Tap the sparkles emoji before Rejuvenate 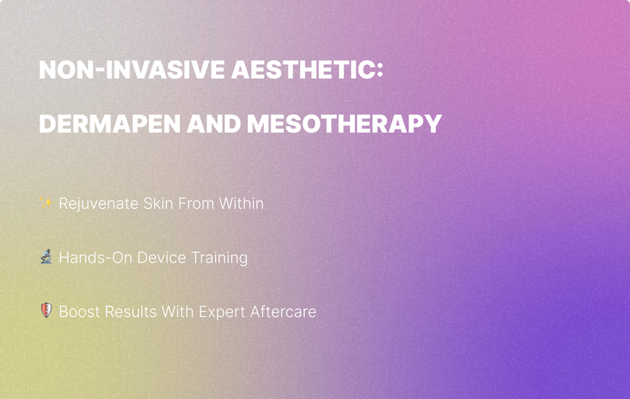pos(46,203)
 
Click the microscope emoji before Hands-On pos(46,257)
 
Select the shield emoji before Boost pos(46,311)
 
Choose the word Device pos(162,257)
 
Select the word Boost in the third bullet pos(80,312)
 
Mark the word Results pos(131,312)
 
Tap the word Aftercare pos(283,312)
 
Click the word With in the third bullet pos(178,312)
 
